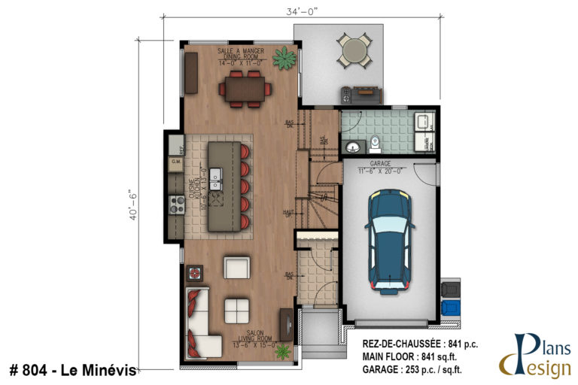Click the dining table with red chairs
click(x=245, y=89)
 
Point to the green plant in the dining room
click(x=285, y=56)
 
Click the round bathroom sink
click(x=351, y=145)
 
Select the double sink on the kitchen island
click(x=216, y=180)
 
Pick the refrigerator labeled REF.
click(x=175, y=145)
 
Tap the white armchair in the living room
click(x=236, y=267)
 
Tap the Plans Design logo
click(x=535, y=353)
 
